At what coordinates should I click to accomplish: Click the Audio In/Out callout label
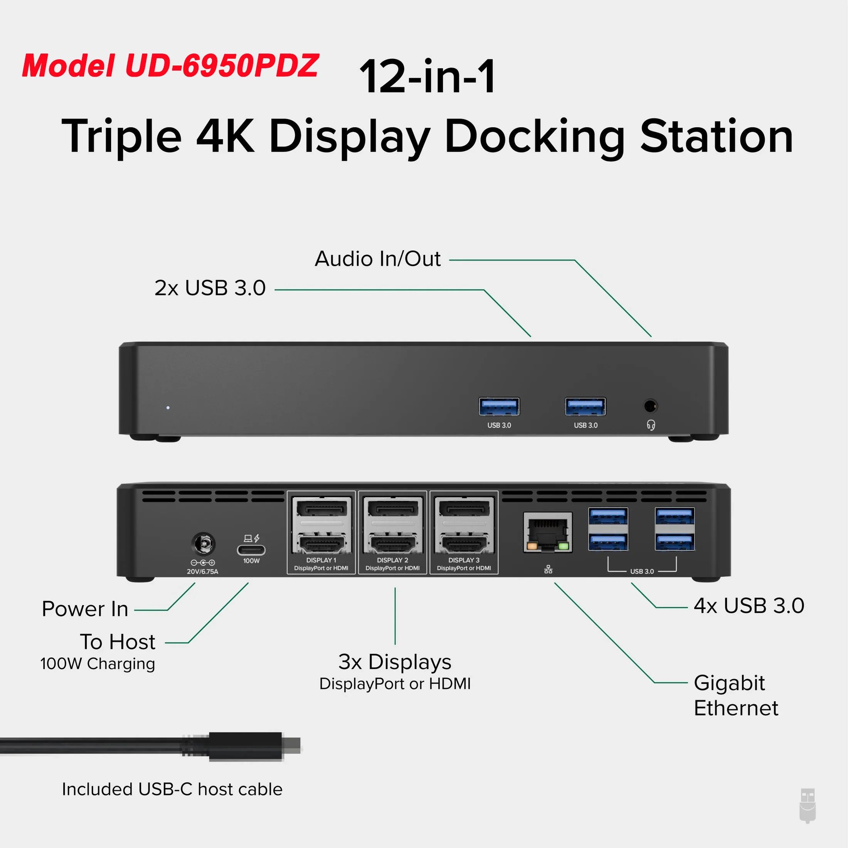[x=377, y=259]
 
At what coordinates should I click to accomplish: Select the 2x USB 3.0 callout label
[x=210, y=288]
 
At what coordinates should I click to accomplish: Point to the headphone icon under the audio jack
[x=651, y=425]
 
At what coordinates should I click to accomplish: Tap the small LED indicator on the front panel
[x=168, y=408]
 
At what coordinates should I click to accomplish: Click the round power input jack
[x=203, y=545]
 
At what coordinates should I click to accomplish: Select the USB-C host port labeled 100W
[x=251, y=550]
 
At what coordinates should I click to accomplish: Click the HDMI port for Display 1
[x=322, y=544]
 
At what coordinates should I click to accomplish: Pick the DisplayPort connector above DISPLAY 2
[x=393, y=510]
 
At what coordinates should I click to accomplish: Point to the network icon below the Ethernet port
[x=548, y=569]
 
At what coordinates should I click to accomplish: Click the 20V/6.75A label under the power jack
[x=202, y=572]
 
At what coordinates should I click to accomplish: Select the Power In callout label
[x=85, y=609]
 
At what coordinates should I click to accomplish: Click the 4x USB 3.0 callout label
[x=749, y=606]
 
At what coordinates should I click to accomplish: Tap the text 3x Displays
[x=395, y=662]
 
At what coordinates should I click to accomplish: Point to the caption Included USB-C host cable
[x=172, y=789]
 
